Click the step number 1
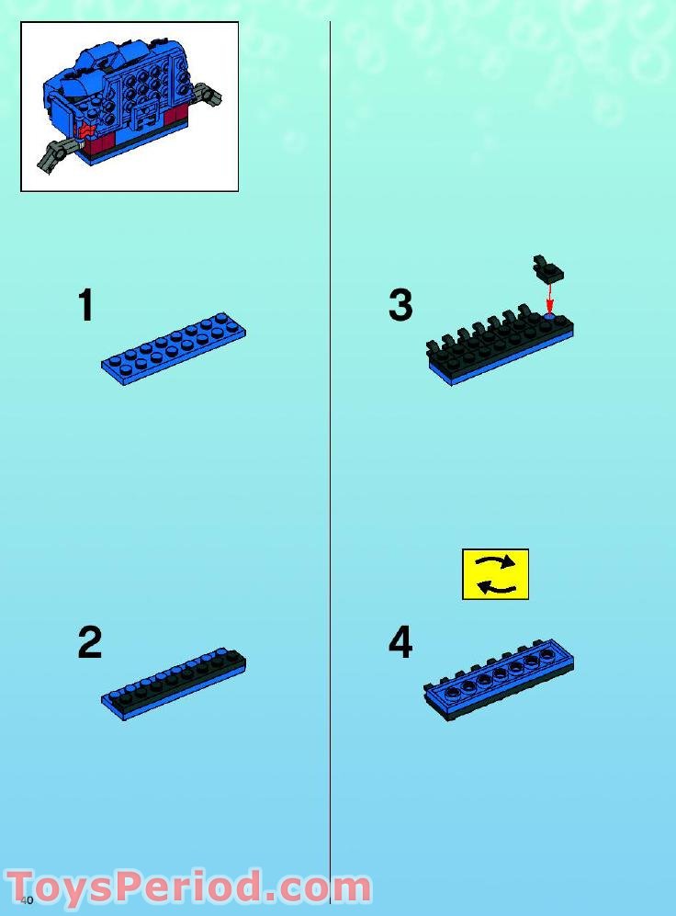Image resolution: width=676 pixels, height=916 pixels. [85, 306]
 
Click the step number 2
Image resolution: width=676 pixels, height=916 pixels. [89, 643]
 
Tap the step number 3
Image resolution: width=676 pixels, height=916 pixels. [400, 306]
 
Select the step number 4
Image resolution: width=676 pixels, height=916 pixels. [400, 643]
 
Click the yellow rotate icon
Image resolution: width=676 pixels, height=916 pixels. [495, 574]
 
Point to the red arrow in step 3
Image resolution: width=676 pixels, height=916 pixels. [549, 298]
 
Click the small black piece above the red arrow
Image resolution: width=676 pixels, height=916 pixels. [548, 271]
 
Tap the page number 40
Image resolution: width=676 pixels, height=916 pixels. [27, 899]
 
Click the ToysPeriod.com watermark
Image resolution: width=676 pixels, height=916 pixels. [188, 888]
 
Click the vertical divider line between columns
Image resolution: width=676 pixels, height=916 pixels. [330, 459]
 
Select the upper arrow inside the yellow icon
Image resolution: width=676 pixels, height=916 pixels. [496, 562]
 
